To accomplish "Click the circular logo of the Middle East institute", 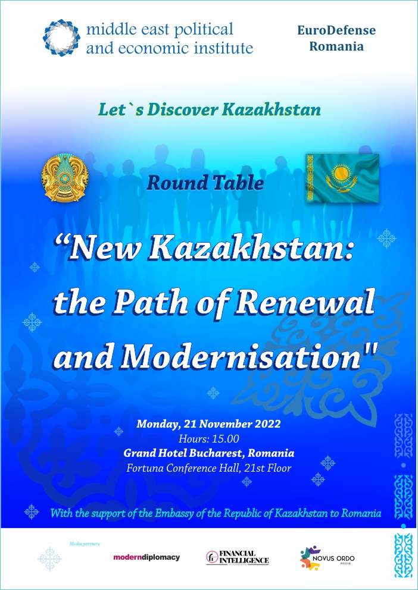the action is coord(61,38).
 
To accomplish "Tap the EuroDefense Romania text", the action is coord(336,38).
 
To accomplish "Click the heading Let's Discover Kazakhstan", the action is coord(210,109).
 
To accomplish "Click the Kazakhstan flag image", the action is coord(342,178).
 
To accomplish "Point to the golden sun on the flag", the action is coord(342,174).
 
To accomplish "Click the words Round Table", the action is coord(205,183).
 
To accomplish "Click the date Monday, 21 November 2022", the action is coord(208,424).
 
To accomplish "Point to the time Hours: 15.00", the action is coord(208,439).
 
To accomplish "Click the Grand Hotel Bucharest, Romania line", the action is coord(208,453).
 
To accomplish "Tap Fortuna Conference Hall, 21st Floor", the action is coord(208,468).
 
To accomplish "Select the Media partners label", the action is coord(85,544).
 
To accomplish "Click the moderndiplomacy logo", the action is coord(146,557).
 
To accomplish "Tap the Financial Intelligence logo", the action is coord(238,558).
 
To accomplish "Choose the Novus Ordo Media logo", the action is coord(327,558).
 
